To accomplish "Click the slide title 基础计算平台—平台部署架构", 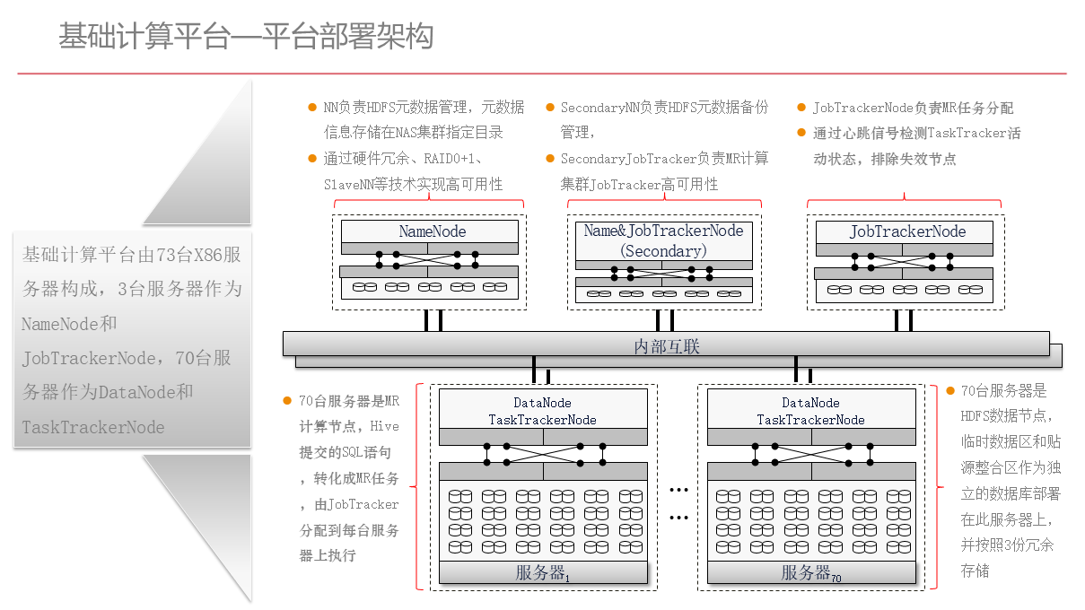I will pyautogui.click(x=246, y=37).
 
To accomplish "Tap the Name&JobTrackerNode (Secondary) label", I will pyautogui.click(x=663, y=240).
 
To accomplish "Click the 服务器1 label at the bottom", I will pyautogui.click(x=542, y=573).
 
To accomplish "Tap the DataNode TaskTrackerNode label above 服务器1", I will pyautogui.click(x=542, y=411).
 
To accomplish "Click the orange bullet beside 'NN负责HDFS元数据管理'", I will pyautogui.click(x=311, y=107).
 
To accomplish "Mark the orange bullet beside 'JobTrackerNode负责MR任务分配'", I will pyautogui.click(x=801, y=108).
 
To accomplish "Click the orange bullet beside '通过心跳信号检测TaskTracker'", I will pyautogui.click(x=801, y=133).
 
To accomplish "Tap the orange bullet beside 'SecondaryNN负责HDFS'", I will pyautogui.click(x=550, y=107).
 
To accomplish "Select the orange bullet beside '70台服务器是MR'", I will pyautogui.click(x=287, y=401).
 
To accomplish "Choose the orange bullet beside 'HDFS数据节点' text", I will pyautogui.click(x=950, y=391).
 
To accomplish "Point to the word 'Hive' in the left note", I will pyautogui.click(x=385, y=427).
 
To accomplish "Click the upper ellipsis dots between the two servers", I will pyautogui.click(x=678, y=490).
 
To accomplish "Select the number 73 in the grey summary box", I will pyautogui.click(x=166, y=255).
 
